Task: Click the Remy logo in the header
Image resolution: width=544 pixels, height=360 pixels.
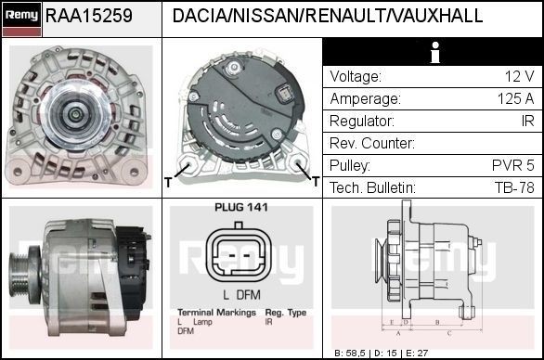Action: click(x=21, y=16)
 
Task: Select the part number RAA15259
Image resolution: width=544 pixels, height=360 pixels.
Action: click(x=89, y=17)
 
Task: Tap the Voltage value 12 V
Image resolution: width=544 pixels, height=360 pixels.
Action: click(x=518, y=77)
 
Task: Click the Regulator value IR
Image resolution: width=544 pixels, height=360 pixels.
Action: click(x=526, y=122)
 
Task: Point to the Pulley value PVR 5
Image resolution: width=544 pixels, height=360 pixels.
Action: click(x=513, y=166)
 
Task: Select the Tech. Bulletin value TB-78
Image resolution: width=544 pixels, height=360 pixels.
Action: click(x=513, y=188)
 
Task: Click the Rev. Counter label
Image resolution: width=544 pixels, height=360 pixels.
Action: click(x=371, y=144)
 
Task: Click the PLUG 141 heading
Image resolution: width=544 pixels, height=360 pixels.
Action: click(x=241, y=207)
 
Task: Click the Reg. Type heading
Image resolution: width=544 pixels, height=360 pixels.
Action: click(x=285, y=313)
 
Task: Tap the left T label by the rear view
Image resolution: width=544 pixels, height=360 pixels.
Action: click(x=168, y=182)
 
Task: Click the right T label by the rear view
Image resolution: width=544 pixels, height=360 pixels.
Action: click(x=316, y=182)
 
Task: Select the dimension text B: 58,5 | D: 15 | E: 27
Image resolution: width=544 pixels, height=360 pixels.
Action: click(x=380, y=354)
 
